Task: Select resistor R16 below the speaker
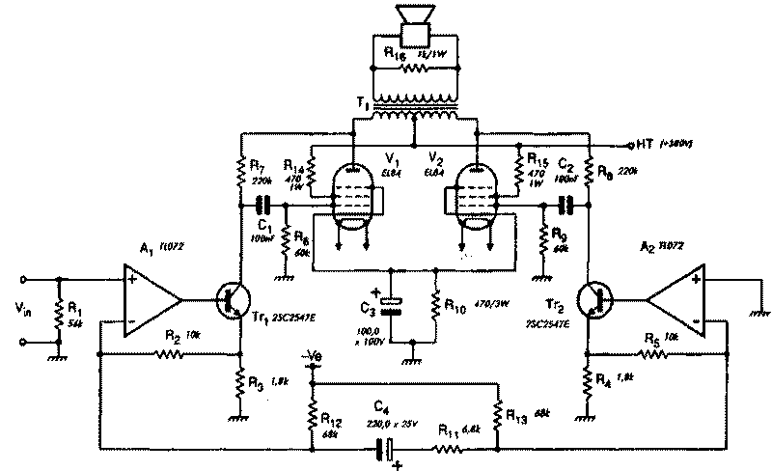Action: click(x=415, y=69)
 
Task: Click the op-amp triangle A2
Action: click(x=675, y=300)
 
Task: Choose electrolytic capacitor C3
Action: click(x=390, y=305)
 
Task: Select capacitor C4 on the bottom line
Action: click(x=388, y=448)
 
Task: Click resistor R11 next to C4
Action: click(x=449, y=448)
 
